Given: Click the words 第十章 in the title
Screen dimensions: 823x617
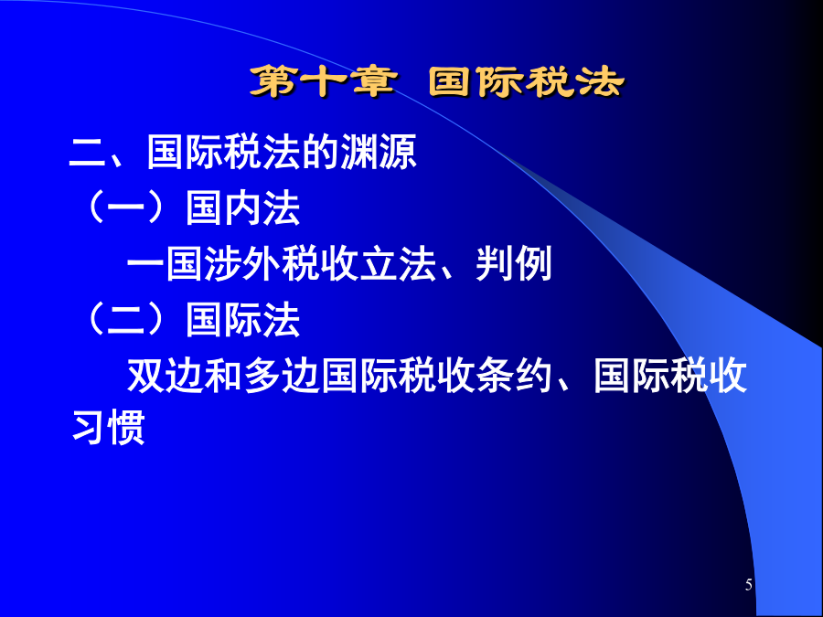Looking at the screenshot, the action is [x=323, y=82].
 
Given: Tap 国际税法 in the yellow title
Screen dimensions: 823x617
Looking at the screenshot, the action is [x=527, y=82].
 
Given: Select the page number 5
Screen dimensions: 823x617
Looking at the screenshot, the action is [x=748, y=584].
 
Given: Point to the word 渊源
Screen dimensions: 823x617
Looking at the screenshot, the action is [x=379, y=152].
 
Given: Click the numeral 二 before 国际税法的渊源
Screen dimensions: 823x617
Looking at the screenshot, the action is [x=88, y=153].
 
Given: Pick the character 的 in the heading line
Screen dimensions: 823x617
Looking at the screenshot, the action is [x=321, y=152].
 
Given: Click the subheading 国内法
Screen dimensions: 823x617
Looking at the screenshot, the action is [x=243, y=208].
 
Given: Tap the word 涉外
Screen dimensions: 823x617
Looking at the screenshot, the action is [x=243, y=264].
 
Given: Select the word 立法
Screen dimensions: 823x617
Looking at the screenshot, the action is [x=398, y=264].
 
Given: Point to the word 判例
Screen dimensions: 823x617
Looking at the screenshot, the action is [x=513, y=264].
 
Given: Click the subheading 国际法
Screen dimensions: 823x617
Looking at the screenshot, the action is [x=243, y=320].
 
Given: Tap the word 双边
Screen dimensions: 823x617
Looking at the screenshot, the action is [x=166, y=376].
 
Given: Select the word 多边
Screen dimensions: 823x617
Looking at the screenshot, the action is [x=282, y=376].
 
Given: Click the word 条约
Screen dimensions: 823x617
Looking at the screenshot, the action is [x=514, y=376].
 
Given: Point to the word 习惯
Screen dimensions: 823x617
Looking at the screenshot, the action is [x=108, y=428].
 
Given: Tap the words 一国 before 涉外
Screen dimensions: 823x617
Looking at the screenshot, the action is [x=166, y=264].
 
